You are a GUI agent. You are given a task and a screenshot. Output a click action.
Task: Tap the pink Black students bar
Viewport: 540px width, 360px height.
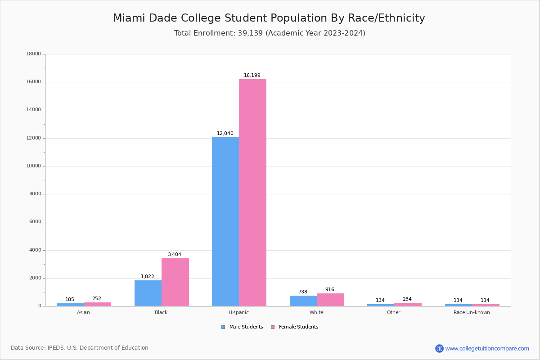click(x=175, y=282)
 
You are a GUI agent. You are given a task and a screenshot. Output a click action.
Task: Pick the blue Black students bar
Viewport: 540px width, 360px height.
click(x=148, y=293)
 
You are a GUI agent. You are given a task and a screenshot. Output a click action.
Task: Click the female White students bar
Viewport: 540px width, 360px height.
click(x=330, y=300)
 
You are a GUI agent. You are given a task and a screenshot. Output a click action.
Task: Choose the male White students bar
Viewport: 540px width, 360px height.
click(x=303, y=301)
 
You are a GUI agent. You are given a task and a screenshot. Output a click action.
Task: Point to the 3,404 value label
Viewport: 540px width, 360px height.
click(x=175, y=255)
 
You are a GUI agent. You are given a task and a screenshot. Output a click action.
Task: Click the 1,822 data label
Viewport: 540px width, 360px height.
click(x=148, y=277)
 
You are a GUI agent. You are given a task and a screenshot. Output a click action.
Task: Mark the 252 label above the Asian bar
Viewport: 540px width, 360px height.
click(x=97, y=299)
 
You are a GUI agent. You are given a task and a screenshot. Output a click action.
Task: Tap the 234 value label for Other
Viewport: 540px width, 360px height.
click(x=407, y=299)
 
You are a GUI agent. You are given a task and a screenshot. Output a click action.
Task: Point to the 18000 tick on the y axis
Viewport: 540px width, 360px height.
click(x=34, y=54)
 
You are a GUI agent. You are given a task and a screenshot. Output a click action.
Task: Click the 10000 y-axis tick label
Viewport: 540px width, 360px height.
click(x=34, y=166)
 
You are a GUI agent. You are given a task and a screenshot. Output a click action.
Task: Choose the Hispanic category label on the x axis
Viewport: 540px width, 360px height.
click(x=238, y=313)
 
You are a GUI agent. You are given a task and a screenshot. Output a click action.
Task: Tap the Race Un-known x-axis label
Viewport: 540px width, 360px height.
click(x=472, y=313)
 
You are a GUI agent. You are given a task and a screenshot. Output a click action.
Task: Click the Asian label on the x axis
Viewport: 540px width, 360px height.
click(x=83, y=313)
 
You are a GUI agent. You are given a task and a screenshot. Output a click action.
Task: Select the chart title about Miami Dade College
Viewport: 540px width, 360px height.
click(x=269, y=18)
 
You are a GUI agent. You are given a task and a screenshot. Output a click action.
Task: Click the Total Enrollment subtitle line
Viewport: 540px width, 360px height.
click(x=270, y=33)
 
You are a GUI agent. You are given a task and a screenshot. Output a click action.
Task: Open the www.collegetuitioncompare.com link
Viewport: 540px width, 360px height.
click(x=487, y=348)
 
